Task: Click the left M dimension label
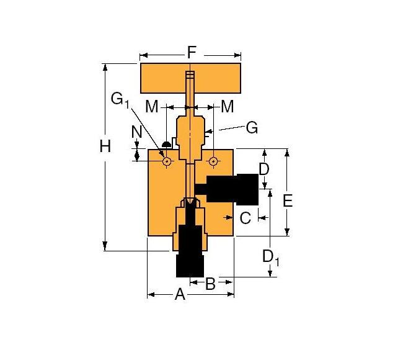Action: [152, 107]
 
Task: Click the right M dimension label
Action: [228, 107]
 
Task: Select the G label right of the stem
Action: [251, 128]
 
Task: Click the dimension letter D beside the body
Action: [264, 169]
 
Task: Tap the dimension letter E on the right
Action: [287, 200]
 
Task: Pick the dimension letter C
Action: [246, 217]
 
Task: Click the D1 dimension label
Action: [271, 257]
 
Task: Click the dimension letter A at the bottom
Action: [180, 295]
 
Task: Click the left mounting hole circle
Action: [167, 161]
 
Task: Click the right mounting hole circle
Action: [213, 161]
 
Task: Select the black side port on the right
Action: [232, 189]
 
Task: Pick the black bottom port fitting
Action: [190, 254]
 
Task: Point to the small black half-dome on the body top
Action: [166, 145]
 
